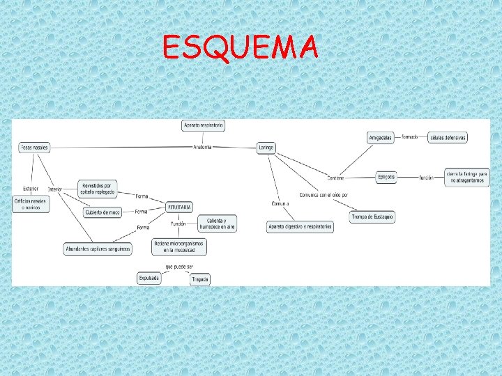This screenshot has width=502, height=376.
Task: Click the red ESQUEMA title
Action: [241, 48]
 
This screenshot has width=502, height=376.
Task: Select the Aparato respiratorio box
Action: [203, 125]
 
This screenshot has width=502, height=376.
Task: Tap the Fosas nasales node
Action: [34, 148]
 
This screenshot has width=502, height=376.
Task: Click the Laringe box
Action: [266, 148]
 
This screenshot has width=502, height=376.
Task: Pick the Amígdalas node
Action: [381, 137]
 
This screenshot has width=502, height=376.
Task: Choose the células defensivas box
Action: [448, 137]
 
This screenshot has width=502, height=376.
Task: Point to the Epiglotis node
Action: [386, 177]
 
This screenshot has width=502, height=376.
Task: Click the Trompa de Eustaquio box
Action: [372, 217]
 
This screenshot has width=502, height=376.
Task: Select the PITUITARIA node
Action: [179, 207]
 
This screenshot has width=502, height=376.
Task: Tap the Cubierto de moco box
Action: [102, 212]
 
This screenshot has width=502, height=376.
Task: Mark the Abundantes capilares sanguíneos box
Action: [98, 249]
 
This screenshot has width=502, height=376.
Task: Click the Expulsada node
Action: [149, 278]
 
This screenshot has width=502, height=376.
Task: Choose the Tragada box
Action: [200, 279]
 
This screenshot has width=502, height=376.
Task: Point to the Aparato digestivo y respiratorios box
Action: [300, 227]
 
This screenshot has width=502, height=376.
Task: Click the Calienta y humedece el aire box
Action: [218, 224]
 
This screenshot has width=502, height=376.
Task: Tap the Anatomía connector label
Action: [202, 147]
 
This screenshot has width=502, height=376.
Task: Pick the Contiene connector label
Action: [335, 178]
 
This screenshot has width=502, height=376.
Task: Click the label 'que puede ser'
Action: [179, 266]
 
